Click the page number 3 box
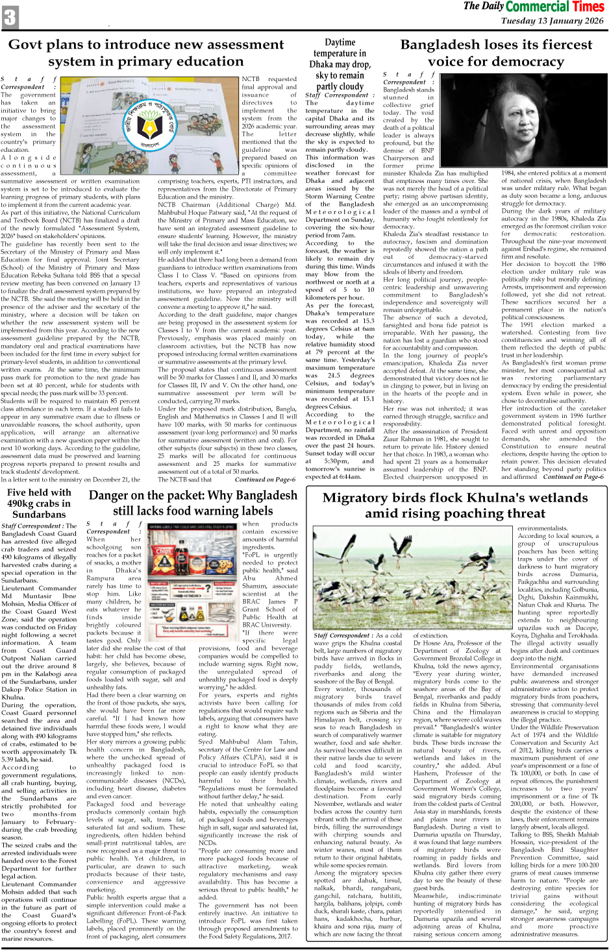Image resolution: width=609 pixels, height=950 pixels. pyautogui.click(x=10, y=17)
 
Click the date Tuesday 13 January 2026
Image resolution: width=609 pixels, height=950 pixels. pyautogui.click(x=552, y=21)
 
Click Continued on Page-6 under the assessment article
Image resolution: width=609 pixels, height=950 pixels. pyautogui.click(x=265, y=480)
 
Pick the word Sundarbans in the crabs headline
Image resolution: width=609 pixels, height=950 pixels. pyautogui.click(x=39, y=515)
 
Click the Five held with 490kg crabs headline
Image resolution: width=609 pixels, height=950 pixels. pyautogui.click(x=39, y=504)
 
